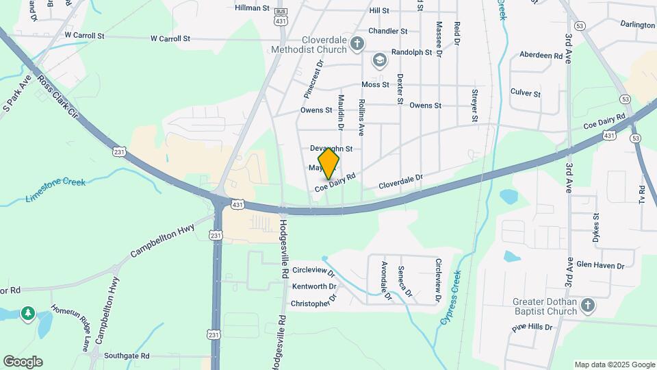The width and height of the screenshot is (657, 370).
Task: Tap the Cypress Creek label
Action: [x=451, y=296]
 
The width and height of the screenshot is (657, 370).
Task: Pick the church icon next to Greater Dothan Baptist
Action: [x=587, y=305]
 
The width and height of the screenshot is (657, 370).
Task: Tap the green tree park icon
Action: [x=27, y=314]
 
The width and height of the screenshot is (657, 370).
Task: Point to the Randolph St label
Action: [x=411, y=52]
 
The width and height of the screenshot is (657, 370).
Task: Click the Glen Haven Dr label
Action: [x=601, y=266]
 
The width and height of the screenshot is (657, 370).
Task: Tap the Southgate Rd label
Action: [x=127, y=356]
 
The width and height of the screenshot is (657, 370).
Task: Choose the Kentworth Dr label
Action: [x=314, y=286]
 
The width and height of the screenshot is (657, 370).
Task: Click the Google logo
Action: [x=23, y=362]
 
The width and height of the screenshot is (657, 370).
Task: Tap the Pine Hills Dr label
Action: [x=532, y=328]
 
